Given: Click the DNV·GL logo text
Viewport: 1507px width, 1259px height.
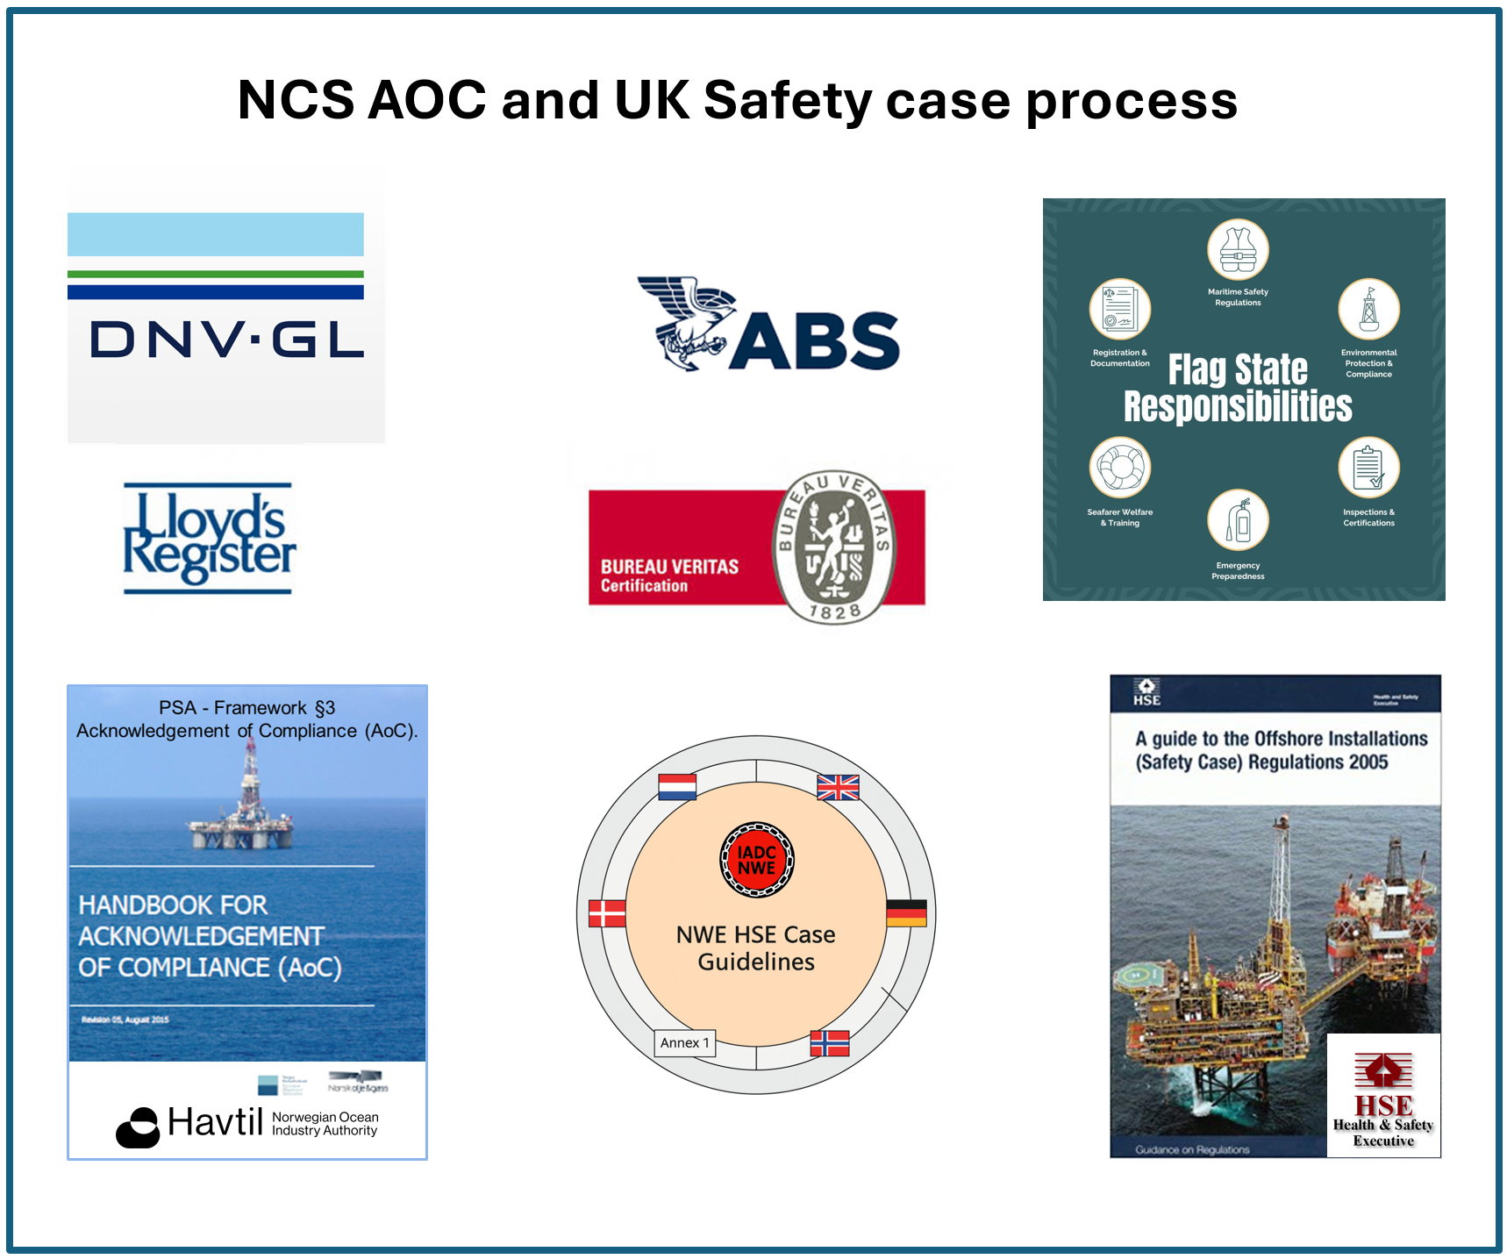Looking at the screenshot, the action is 226,339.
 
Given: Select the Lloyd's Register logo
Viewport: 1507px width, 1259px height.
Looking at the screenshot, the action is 209,537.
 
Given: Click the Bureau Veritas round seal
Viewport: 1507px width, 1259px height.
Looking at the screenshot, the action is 833,547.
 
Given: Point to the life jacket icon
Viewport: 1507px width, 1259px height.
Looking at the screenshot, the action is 1238,249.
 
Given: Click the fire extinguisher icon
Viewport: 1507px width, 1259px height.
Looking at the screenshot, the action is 1238,519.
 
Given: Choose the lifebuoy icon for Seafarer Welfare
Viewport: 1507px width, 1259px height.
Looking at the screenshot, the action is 1119,467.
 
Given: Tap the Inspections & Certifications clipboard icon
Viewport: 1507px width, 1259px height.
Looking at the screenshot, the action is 1368,467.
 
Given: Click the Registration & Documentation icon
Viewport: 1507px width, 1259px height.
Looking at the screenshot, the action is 1119,309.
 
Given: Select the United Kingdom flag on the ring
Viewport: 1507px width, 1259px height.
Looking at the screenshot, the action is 838,787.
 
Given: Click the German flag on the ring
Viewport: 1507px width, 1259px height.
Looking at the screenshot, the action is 906,913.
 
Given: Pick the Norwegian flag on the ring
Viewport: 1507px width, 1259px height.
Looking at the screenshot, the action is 830,1042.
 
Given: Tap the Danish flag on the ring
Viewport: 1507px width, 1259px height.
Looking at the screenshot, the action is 607,913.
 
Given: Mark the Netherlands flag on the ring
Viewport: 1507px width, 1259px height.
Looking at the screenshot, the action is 677,787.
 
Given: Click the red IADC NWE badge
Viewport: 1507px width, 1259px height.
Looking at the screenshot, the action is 756,860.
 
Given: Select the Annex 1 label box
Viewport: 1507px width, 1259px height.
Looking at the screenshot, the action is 685,1042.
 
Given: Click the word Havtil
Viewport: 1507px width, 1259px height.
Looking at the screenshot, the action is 215,1122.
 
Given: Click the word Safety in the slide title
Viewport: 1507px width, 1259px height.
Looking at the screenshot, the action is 787,101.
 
